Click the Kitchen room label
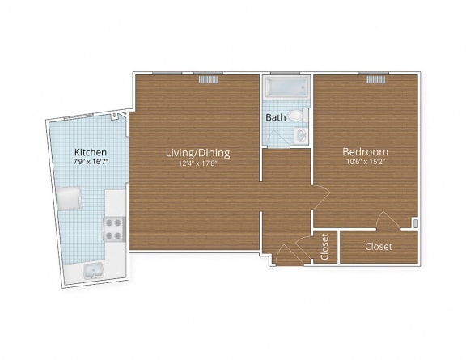point(90,152)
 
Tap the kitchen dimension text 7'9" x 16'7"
point(90,162)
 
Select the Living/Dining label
point(198,152)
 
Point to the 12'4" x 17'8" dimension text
point(198,163)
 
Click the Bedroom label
point(365,151)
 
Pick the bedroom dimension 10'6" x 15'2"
point(365,162)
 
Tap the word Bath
point(276,118)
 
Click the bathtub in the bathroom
point(286,87)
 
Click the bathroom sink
point(301,134)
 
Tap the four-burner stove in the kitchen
point(114,229)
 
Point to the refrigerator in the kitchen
point(69,198)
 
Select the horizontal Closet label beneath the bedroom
point(379,246)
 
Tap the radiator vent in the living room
point(210,79)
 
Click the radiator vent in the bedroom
point(375,79)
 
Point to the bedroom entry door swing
point(320,197)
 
